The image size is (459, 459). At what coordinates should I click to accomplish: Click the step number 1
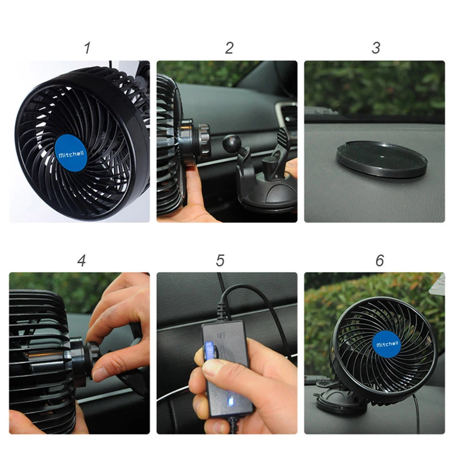tap(87, 48)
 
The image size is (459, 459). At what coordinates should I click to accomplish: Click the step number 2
tap(229, 48)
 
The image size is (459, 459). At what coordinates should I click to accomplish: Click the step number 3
tap(376, 48)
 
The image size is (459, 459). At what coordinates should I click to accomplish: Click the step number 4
tap(82, 260)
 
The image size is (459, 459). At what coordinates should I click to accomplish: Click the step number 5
tap(221, 260)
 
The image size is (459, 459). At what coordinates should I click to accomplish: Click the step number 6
tap(380, 260)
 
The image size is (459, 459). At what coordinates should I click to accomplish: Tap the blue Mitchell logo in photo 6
tap(387, 344)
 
